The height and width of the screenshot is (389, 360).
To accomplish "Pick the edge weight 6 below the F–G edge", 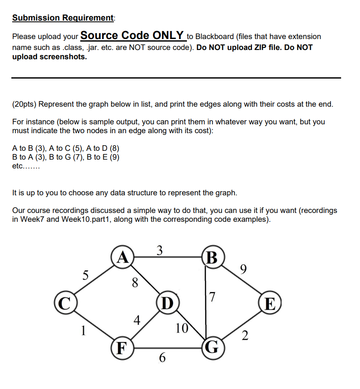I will pyautogui.click(x=162, y=358).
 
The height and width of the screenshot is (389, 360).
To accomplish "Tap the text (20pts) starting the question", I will pyautogui.click(x=26, y=104).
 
